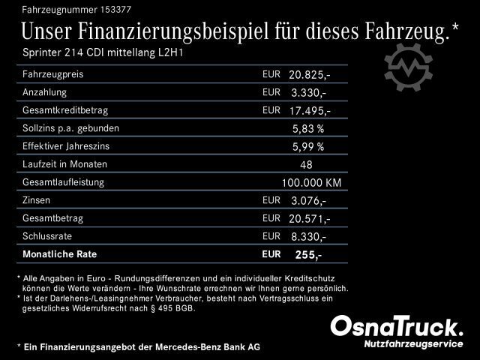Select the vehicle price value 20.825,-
[309, 75]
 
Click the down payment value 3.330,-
[307, 93]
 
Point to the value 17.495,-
[309, 111]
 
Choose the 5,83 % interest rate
[308, 128]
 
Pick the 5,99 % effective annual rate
[308, 146]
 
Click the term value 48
[306, 164]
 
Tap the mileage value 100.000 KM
[311, 182]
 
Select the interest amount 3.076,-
[307, 200]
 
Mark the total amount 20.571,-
[309, 218]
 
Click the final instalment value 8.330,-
[307, 236]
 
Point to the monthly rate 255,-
[308, 255]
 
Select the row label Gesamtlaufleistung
[64, 182]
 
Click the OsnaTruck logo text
[397, 326]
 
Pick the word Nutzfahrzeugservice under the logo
[413, 343]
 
